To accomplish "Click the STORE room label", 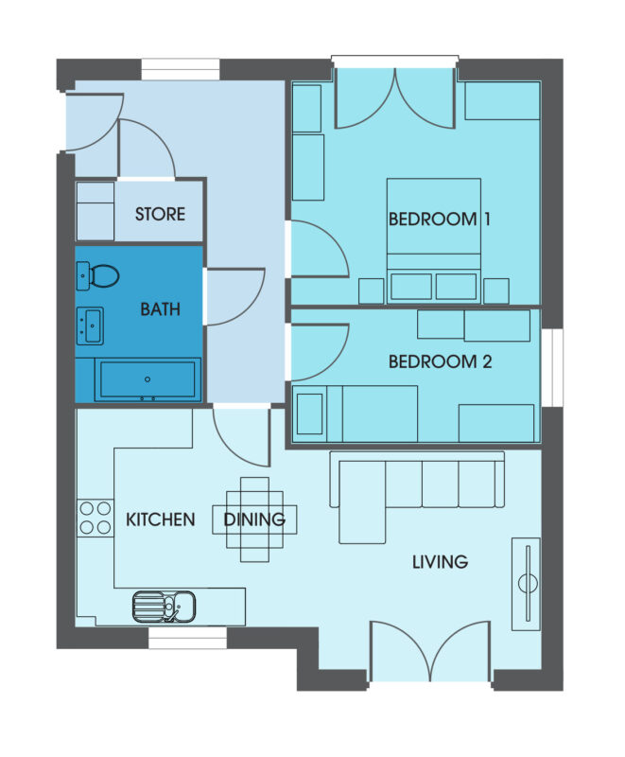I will (x=160, y=214).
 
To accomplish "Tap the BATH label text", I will (x=159, y=309).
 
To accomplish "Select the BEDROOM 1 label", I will (x=440, y=220).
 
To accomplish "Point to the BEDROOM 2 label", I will (x=440, y=361).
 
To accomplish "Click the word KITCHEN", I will (x=160, y=519).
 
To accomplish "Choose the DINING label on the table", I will (x=254, y=519).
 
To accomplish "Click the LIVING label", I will (x=440, y=562).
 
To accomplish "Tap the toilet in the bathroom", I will (x=99, y=276).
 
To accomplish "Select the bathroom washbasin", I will (x=91, y=325).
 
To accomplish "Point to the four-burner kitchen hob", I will (x=95, y=519).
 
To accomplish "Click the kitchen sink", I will (x=164, y=604).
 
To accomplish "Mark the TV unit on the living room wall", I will (x=526, y=583).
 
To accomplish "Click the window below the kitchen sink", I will (x=188, y=640).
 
